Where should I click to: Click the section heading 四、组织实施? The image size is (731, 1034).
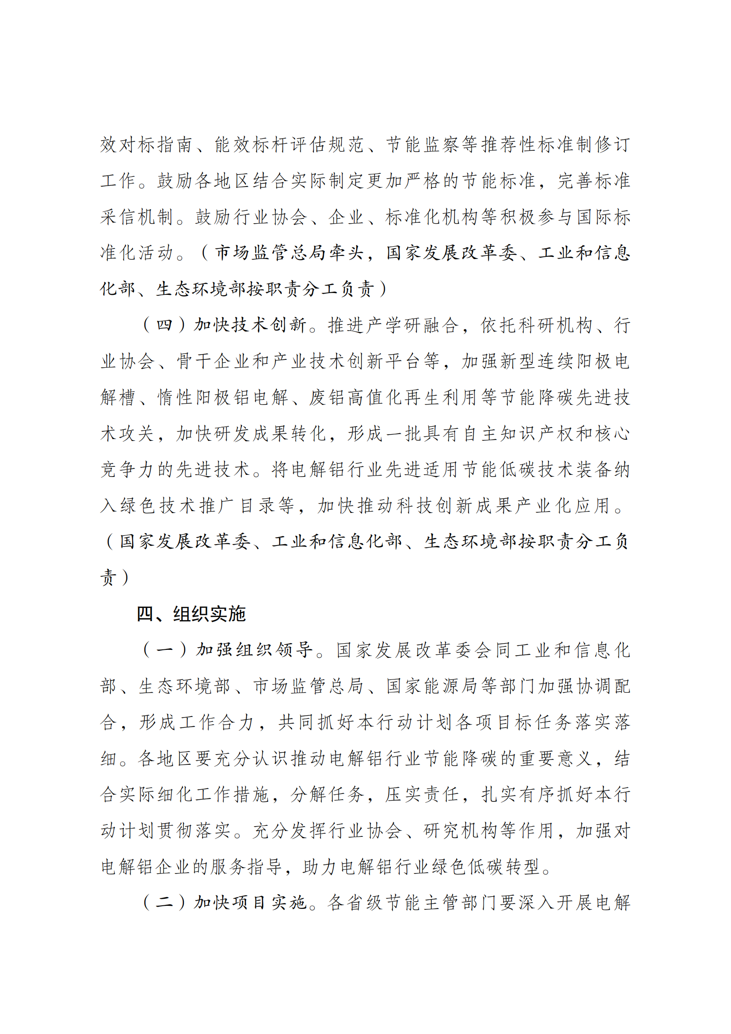pos(191,614)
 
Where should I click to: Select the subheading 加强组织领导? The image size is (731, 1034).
pos(254,650)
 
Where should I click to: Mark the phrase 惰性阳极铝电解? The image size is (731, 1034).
pos(223,397)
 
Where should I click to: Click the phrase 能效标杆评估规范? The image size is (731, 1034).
pos(289,145)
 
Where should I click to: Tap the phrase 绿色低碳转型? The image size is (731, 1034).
pos(489,866)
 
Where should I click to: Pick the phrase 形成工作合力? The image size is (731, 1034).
pos(196,722)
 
